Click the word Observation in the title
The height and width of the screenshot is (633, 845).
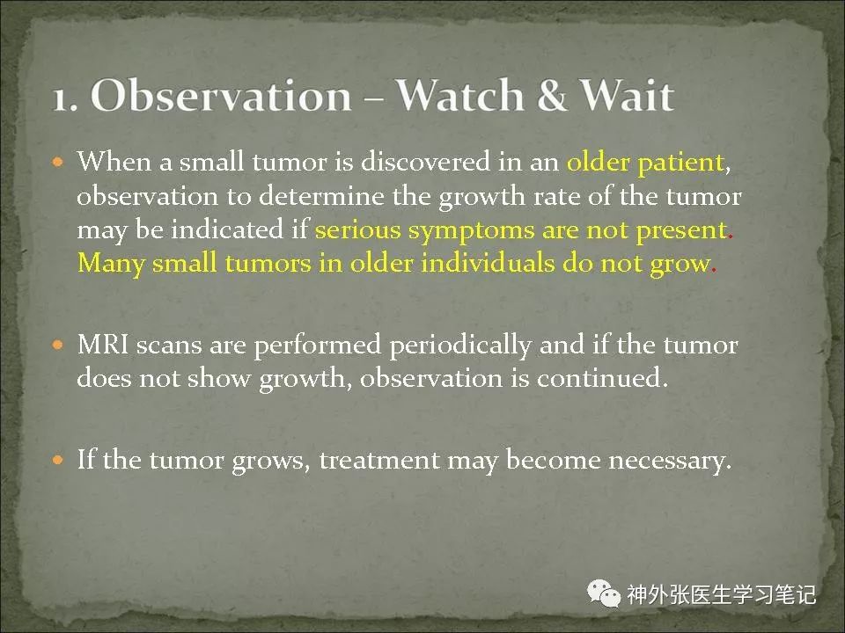[x=221, y=95]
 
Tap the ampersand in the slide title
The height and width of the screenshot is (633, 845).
[x=551, y=95]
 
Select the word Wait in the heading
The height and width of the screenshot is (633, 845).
[x=626, y=95]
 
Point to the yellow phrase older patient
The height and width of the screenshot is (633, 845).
[x=644, y=162]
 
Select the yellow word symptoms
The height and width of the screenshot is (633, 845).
[x=472, y=231]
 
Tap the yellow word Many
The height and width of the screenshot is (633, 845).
[x=111, y=265]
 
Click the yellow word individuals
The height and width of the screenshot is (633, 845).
[x=488, y=263]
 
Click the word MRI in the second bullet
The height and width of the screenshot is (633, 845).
[x=103, y=345]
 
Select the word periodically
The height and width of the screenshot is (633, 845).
[x=460, y=346]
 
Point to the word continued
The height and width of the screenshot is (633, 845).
[x=602, y=377]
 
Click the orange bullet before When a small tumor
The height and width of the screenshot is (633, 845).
[x=58, y=162]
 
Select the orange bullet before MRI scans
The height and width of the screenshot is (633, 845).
[x=58, y=345]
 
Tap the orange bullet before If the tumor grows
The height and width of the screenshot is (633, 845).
[x=58, y=460]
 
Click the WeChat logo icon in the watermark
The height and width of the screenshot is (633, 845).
[x=604, y=594]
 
